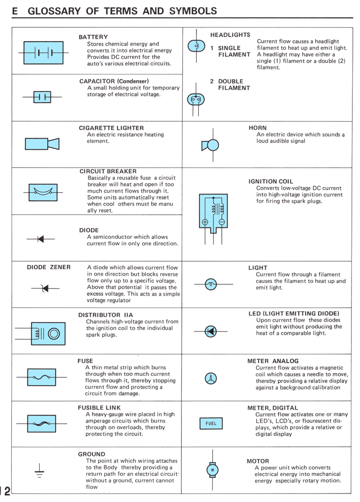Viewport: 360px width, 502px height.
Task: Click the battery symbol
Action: pos(43,53)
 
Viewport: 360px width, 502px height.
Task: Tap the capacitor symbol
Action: pos(42,97)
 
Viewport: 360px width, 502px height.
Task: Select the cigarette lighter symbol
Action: pos(42,144)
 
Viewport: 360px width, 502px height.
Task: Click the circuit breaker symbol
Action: pos(43,192)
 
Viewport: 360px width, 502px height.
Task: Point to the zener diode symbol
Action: pos(45,289)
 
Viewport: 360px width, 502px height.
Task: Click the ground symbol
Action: pos(39,471)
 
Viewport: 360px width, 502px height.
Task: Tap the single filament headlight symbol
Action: pos(197,46)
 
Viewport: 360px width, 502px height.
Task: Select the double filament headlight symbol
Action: pos(196,100)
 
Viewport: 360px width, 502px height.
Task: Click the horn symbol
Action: pos(210,145)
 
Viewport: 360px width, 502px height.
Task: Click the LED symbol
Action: pos(210,332)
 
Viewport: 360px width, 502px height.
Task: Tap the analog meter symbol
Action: pos(211,378)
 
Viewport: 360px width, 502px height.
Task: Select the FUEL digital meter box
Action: pos(211,424)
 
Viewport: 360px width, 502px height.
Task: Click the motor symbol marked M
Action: pos(212,470)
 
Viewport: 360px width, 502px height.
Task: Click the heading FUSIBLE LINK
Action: pos(99,408)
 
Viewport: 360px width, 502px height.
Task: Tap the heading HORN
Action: pos(257,128)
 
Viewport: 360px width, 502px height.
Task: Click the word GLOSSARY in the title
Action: pos(54,11)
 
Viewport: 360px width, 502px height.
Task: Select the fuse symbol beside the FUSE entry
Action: pos(42,377)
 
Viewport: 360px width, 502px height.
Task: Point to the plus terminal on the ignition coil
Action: pos(205,222)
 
